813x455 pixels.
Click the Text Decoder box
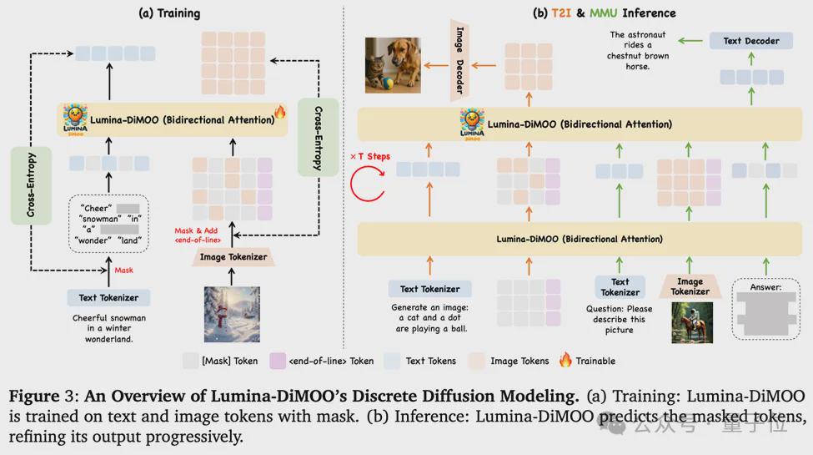(750, 41)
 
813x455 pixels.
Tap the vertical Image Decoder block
(459, 60)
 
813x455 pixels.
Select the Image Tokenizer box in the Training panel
(233, 256)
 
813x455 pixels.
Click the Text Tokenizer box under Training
(108, 297)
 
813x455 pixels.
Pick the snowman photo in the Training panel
(232, 314)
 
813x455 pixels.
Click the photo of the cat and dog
(393, 65)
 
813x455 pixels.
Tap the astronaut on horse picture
(691, 323)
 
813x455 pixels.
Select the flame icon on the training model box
(280, 111)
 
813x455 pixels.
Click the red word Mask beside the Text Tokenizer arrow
(123, 270)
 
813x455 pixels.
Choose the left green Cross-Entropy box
(31, 185)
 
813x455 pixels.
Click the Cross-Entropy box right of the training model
(319, 138)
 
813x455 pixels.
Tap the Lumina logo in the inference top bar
(472, 124)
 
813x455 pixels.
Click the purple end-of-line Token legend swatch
(278, 361)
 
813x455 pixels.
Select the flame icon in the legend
(565, 360)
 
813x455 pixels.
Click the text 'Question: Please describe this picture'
(619, 319)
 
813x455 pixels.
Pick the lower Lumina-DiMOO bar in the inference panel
(580, 239)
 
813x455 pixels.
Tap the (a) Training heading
(169, 13)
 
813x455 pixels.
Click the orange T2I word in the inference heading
(560, 13)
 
